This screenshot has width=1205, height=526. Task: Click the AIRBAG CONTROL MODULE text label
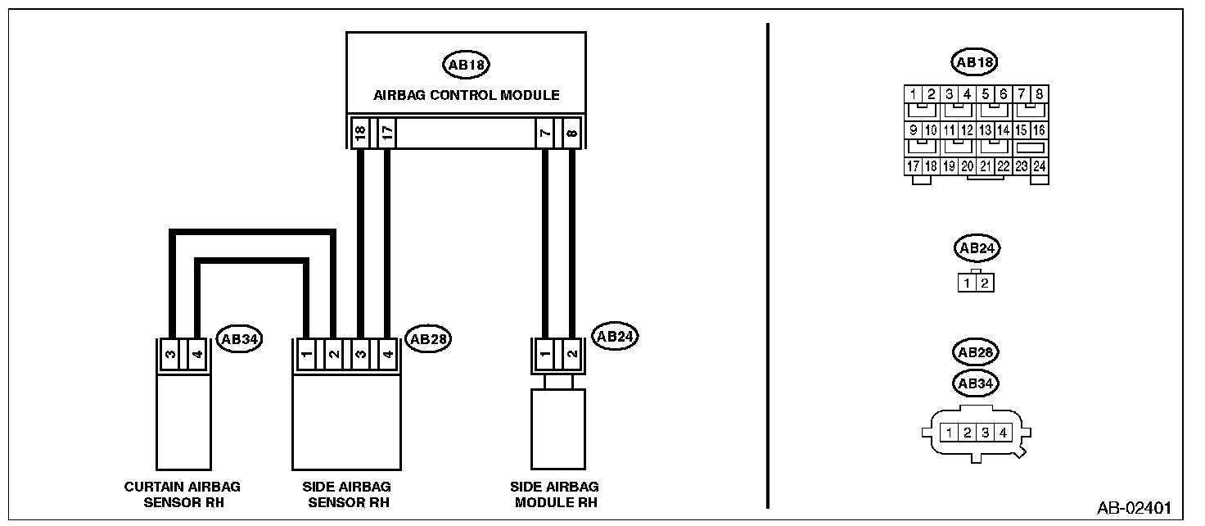tap(467, 95)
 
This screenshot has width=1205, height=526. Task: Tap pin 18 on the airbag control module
tap(359, 133)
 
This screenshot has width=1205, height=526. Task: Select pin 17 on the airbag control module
tap(387, 133)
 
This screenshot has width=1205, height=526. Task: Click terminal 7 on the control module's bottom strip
tap(544, 133)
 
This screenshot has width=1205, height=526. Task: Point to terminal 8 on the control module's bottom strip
tap(571, 133)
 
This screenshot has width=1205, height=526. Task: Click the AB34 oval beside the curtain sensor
tap(238, 338)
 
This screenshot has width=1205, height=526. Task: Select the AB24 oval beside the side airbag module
tap(615, 336)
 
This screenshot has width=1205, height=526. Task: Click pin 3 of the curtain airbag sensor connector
tap(169, 355)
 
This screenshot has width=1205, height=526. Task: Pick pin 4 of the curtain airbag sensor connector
tap(196, 355)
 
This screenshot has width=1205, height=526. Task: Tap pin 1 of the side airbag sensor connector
tap(305, 355)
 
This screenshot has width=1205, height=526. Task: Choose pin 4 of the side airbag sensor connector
tap(387, 355)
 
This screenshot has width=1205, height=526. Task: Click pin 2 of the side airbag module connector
tap(571, 355)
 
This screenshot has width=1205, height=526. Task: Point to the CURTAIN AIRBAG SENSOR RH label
tap(183, 494)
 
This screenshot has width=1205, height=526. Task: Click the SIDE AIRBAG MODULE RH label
tap(554, 494)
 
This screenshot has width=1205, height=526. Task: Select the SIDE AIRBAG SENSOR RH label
tap(348, 494)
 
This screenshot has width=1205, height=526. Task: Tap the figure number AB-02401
tap(1134, 508)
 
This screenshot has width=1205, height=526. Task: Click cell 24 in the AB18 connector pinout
tap(1039, 166)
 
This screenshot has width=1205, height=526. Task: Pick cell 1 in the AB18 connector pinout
tap(913, 94)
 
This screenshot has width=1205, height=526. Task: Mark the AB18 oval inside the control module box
tap(466, 64)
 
